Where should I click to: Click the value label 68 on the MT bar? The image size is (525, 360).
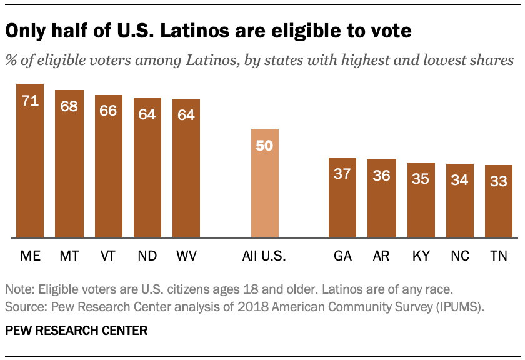click(69, 106)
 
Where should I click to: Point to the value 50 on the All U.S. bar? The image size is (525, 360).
click(264, 146)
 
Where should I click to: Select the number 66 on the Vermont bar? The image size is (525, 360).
click(108, 111)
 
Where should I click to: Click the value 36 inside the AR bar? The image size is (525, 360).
click(381, 176)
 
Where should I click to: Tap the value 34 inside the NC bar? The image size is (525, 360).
click(459, 180)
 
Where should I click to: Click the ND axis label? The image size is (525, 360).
click(147, 256)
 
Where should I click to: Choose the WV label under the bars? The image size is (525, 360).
click(186, 256)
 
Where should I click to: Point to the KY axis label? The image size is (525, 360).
click(421, 256)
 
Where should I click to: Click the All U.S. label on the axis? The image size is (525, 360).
click(264, 256)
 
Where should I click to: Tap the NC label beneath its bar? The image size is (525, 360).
click(459, 256)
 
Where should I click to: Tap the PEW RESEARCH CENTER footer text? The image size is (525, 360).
click(76, 331)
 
